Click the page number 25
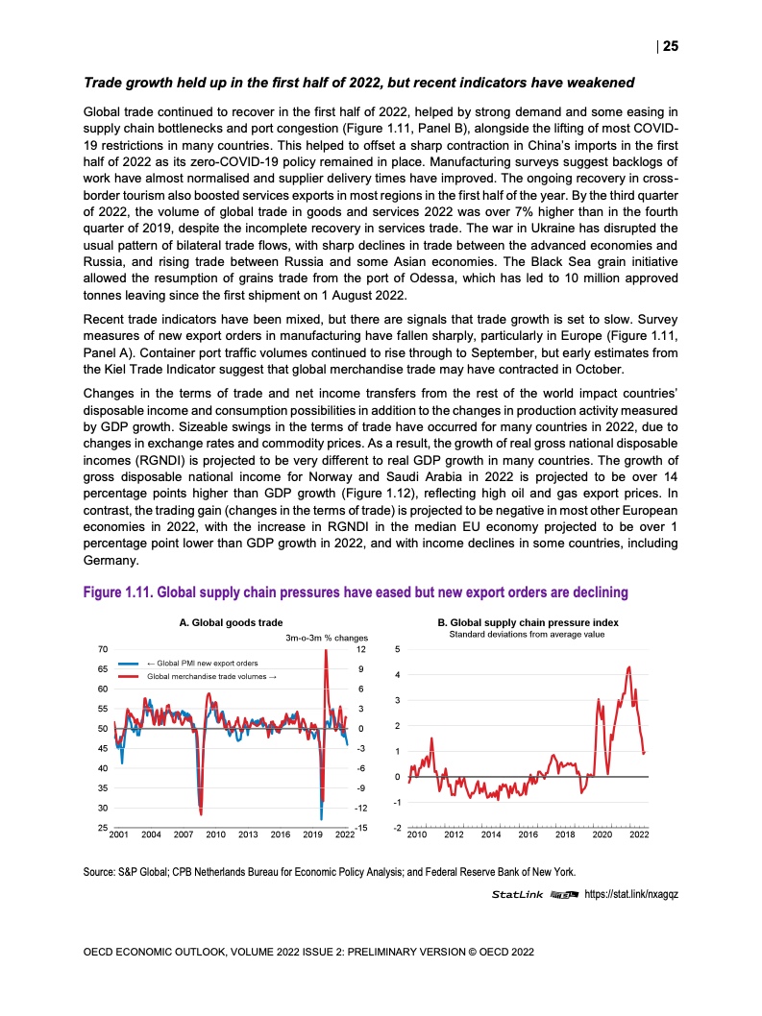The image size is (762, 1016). coord(671,46)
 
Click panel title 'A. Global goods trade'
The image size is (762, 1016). coord(231,622)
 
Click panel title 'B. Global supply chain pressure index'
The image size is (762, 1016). coord(527,622)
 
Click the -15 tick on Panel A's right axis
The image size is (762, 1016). coord(361,828)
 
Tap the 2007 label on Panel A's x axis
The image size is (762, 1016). coord(184,835)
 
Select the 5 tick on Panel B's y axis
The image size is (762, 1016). coord(398,650)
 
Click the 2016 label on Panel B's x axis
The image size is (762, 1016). coord(528,835)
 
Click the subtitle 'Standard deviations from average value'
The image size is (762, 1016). coord(527,635)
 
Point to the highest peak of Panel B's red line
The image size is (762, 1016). coord(628,666)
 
